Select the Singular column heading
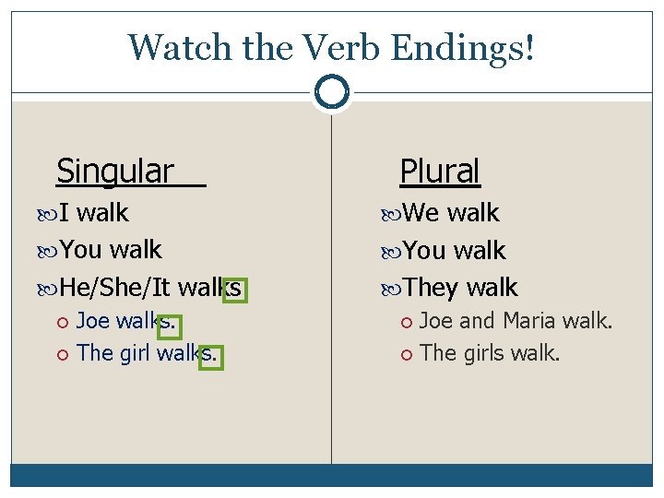tap(115, 171)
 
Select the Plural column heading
tap(440, 171)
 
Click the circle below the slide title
tap(331, 91)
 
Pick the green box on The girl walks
tap(211, 355)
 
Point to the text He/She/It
tap(115, 289)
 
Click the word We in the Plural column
tap(421, 213)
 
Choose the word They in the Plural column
tap(431, 288)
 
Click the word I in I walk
tap(65, 213)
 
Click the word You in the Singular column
tap(80, 250)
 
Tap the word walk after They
tap(492, 288)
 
